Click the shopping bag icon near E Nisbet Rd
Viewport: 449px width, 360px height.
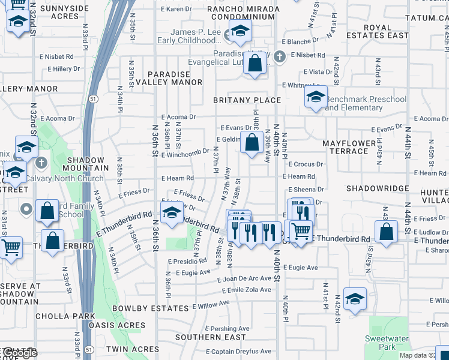pos(255,63)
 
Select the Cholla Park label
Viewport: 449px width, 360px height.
pos(65,316)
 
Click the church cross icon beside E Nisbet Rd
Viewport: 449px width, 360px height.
pos(279,57)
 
